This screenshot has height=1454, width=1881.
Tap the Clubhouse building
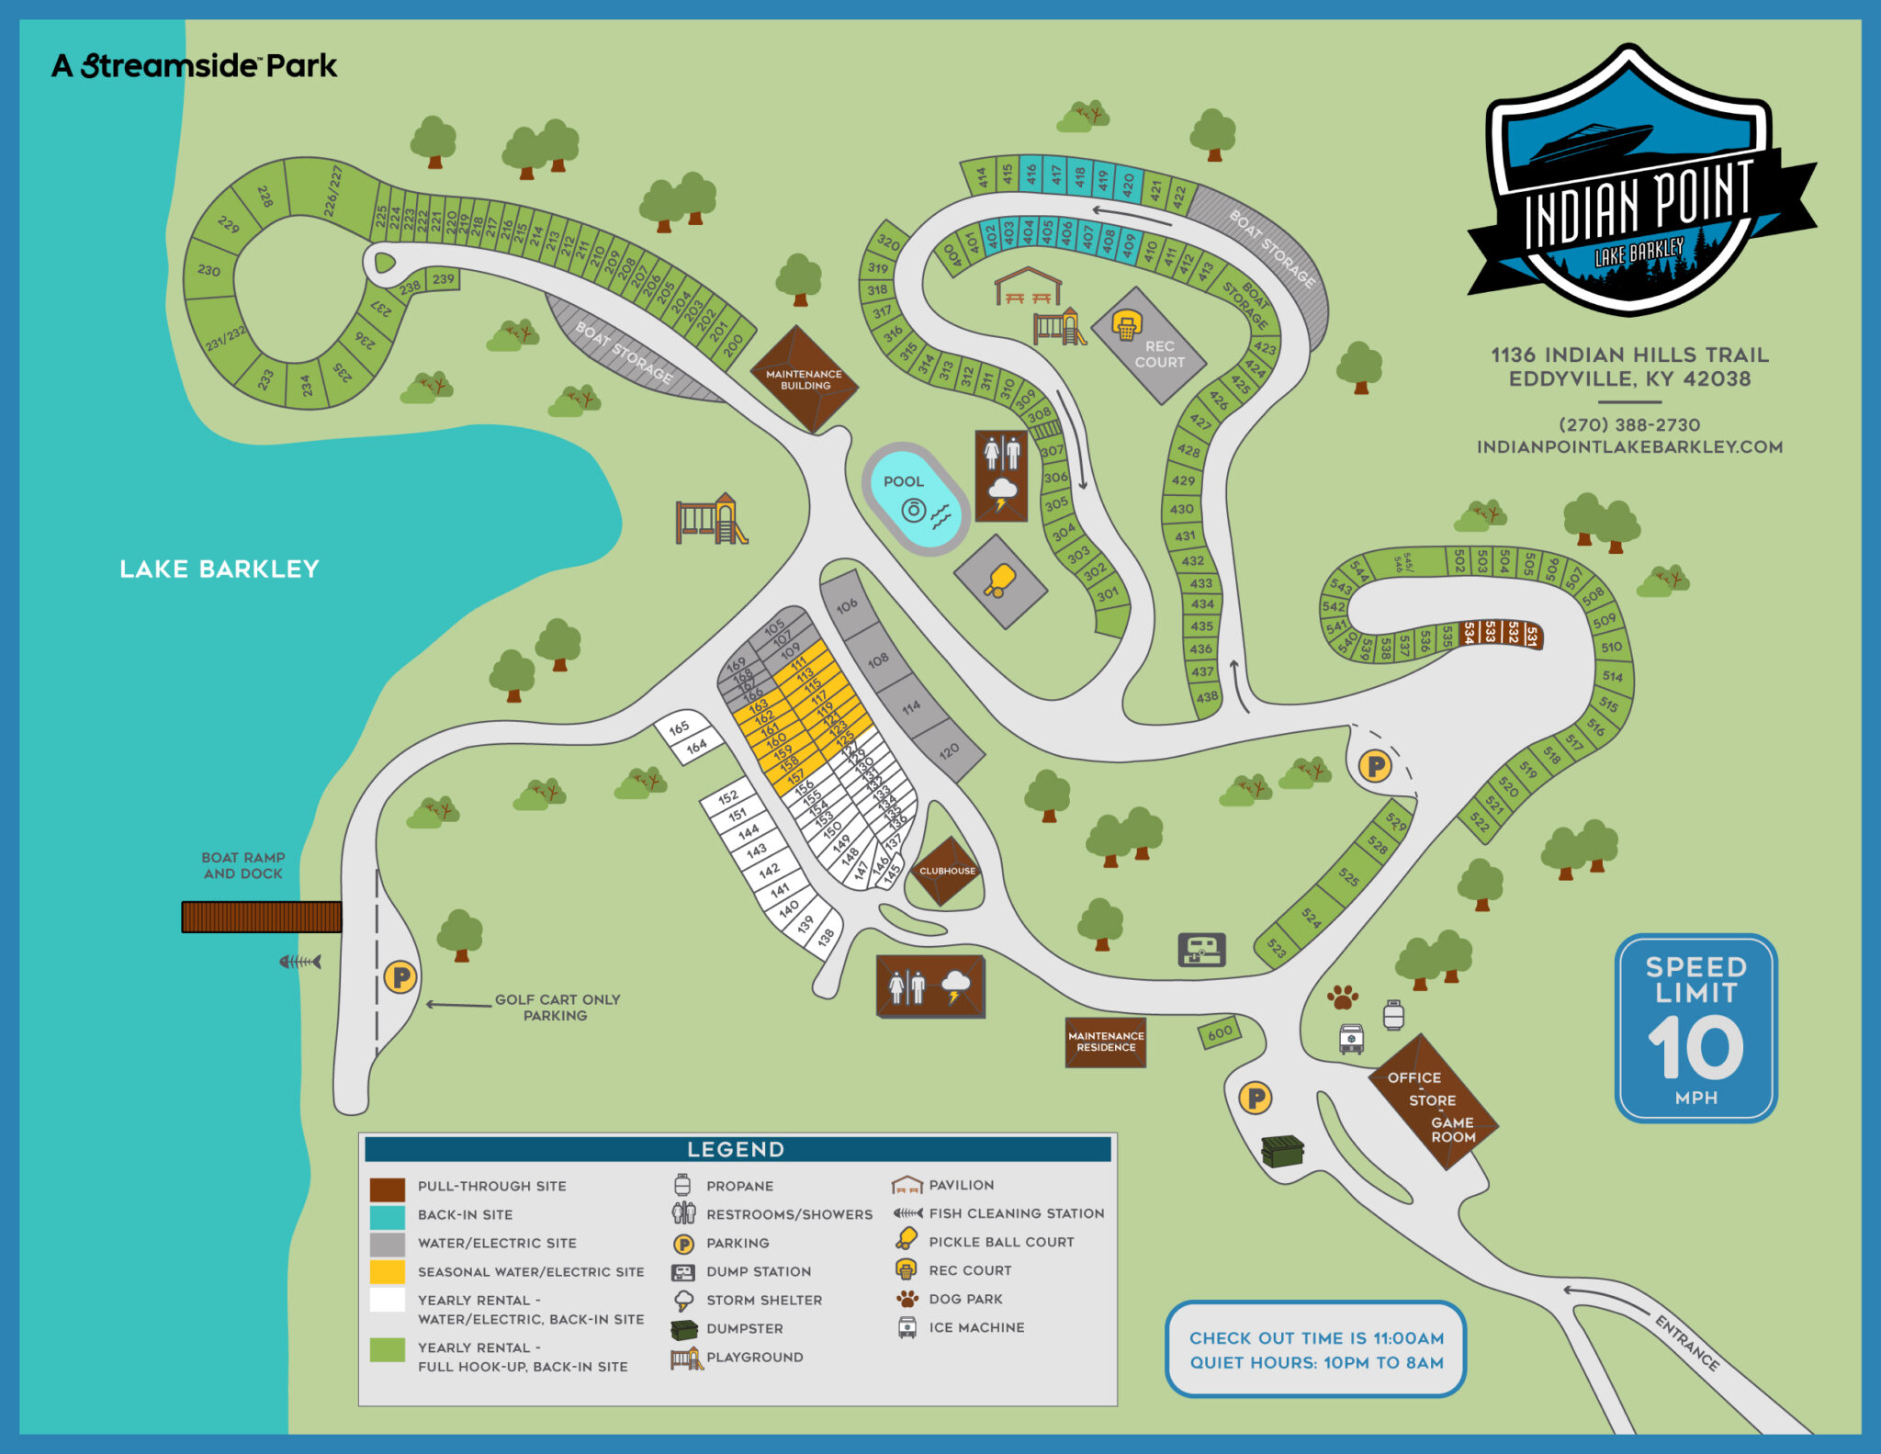[x=947, y=870]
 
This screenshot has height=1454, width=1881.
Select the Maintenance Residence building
[x=1106, y=1042]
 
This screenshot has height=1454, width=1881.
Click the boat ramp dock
[x=262, y=917]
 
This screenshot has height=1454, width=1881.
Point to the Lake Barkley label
[x=220, y=569]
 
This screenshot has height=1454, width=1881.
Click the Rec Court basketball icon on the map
[x=1127, y=325]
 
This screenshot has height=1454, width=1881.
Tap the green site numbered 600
[x=1220, y=1033]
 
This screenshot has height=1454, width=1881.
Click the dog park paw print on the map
[x=1343, y=997]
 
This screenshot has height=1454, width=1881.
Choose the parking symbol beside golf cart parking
[x=400, y=976]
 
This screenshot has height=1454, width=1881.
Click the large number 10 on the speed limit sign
[x=1695, y=1048]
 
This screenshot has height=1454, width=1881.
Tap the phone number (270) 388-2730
[x=1629, y=425]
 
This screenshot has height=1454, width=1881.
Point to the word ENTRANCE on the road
[x=1686, y=1342]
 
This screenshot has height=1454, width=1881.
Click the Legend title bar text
[x=736, y=1149]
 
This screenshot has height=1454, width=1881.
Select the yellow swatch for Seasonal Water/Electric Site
[x=387, y=1271]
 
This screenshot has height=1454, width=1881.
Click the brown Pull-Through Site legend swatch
[x=387, y=1189]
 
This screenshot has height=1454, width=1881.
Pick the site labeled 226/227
[x=332, y=190]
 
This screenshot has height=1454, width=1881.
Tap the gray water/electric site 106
[x=847, y=604]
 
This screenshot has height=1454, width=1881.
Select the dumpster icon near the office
[x=1282, y=1150]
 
